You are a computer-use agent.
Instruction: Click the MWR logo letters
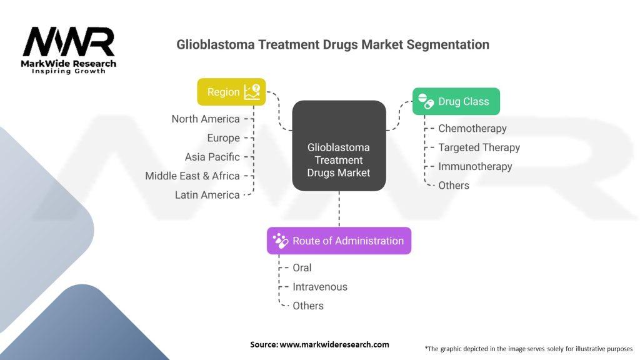coord(69,42)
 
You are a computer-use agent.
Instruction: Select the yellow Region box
coord(231,92)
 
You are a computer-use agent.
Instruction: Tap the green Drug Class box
coord(456,101)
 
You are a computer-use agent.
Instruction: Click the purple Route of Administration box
coord(339,241)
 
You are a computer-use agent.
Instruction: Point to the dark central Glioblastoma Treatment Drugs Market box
coord(339,146)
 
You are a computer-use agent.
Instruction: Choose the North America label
coord(206,119)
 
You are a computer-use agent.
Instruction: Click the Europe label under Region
coord(224,138)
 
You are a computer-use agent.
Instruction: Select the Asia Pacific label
coord(212,157)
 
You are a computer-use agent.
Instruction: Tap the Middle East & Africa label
coord(192,176)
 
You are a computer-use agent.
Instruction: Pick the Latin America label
coord(207,195)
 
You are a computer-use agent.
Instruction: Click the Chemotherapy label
coord(472,129)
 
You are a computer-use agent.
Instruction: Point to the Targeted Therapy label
coord(479,147)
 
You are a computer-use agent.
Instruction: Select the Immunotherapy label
coord(475,166)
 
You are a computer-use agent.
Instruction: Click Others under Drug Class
coord(454,185)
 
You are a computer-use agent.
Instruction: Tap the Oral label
coord(302,267)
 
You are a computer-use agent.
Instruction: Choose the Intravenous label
coord(320,287)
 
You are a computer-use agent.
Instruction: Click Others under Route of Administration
coord(308,306)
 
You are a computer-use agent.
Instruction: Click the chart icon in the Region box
coord(252,92)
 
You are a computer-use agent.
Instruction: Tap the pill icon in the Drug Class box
coord(426,101)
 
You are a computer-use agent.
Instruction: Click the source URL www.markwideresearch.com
coord(334,344)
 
